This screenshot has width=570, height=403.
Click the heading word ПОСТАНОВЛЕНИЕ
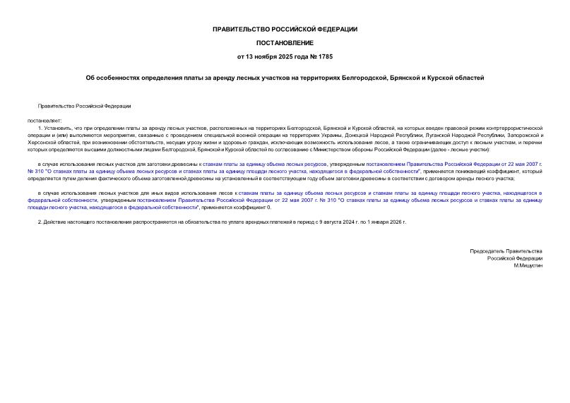[x=285, y=42]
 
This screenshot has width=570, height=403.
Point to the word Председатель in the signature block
[x=487, y=251]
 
